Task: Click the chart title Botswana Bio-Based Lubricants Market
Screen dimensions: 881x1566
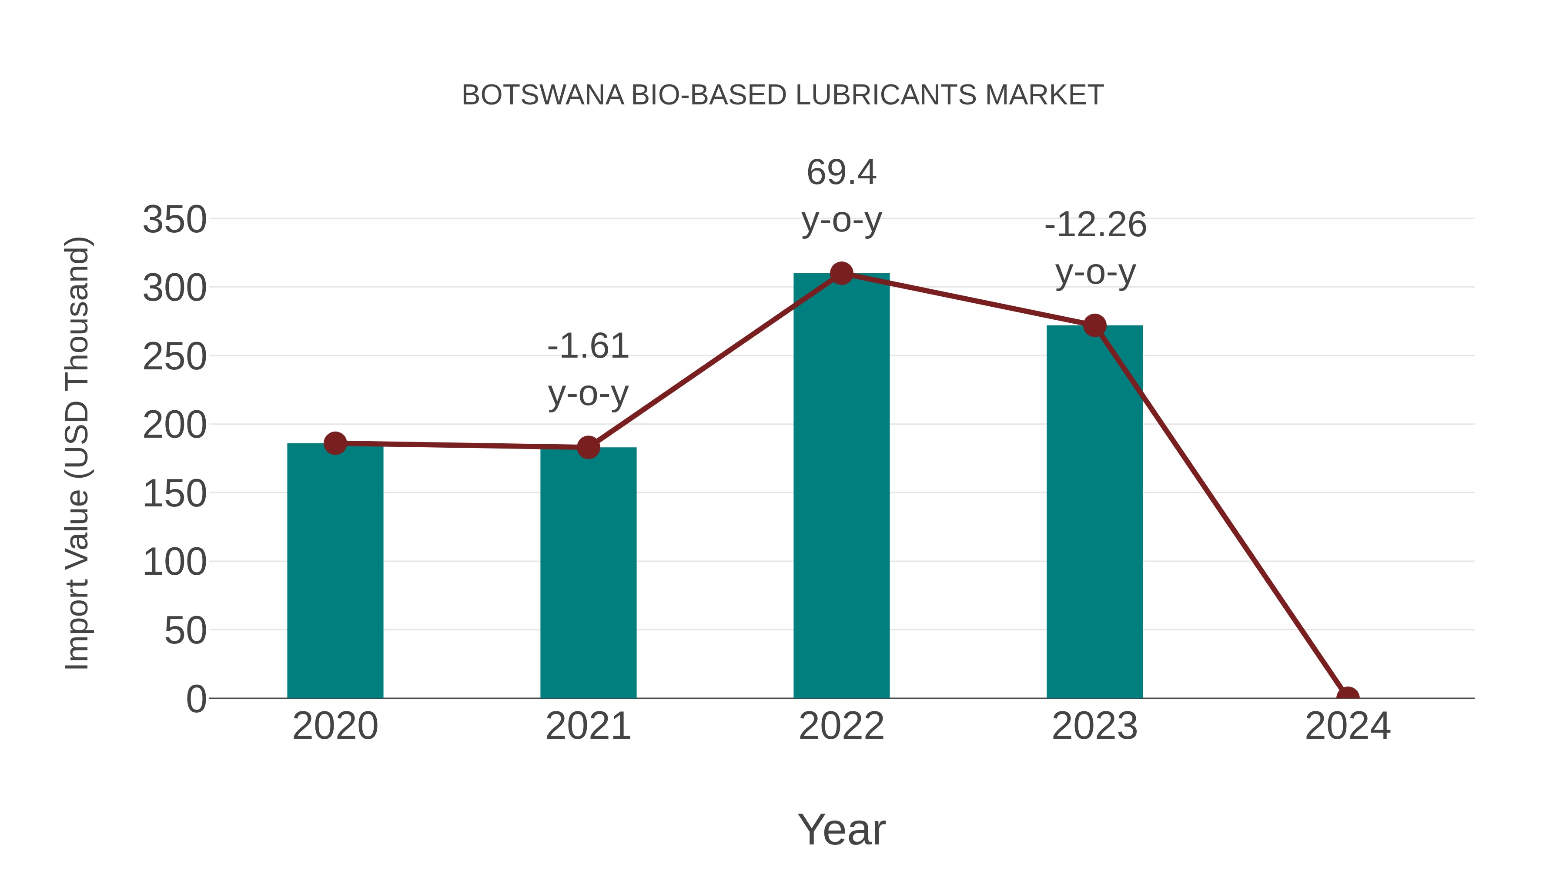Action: click(x=783, y=95)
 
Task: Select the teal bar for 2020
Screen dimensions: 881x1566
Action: click(x=335, y=572)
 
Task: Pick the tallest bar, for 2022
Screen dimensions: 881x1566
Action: click(x=841, y=486)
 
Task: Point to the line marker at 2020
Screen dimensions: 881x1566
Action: click(x=335, y=443)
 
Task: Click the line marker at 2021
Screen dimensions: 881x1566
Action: click(x=588, y=448)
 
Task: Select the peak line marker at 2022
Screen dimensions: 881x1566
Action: click(x=841, y=274)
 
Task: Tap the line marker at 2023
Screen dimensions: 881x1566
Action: click(x=1094, y=326)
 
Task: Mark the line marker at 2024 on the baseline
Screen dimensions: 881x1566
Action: click(x=1348, y=697)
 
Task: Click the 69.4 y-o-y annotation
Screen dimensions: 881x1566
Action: click(x=841, y=196)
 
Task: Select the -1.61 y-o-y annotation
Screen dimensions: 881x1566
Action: click(x=588, y=370)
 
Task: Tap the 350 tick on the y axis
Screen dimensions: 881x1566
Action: click(x=174, y=220)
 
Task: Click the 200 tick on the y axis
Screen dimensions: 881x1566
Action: click(x=174, y=425)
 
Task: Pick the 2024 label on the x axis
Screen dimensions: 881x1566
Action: click(x=1348, y=726)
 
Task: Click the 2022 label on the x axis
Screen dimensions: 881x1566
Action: click(x=841, y=726)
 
